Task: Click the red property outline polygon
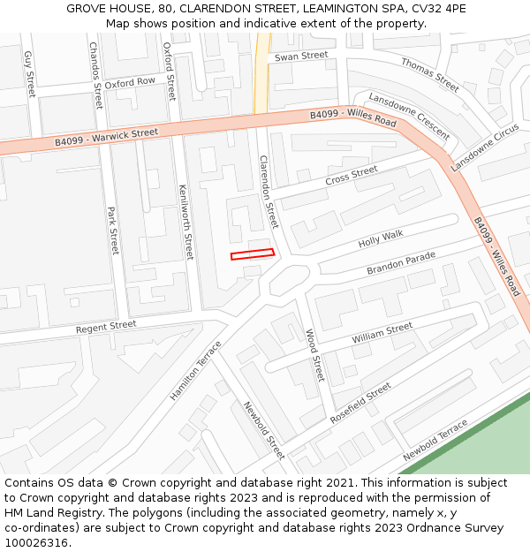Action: coord(253,254)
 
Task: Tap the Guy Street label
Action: coord(29,73)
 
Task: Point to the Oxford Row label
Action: coord(130,82)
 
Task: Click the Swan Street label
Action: coord(301,57)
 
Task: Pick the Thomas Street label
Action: coord(430,75)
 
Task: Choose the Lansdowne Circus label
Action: coord(485,148)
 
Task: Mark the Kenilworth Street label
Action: coord(185,222)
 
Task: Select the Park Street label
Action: coord(113,231)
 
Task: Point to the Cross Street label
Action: coord(352,175)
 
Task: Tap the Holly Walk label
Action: coord(381,238)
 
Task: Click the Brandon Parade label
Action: coord(402,263)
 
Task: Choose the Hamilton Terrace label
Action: coord(196,371)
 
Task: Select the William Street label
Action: coord(382,333)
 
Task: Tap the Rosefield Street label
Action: coord(360,402)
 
